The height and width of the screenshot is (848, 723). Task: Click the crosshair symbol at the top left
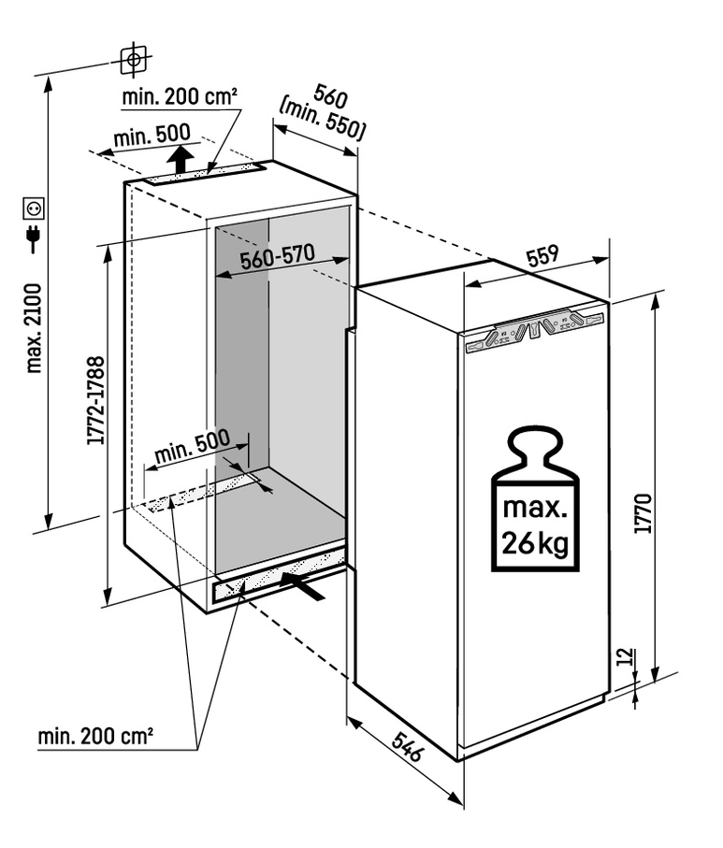[x=135, y=60]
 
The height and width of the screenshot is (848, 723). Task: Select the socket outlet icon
[x=33, y=206]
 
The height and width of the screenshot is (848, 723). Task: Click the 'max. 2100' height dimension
[x=35, y=327]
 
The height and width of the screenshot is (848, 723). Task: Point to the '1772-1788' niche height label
[x=94, y=400]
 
